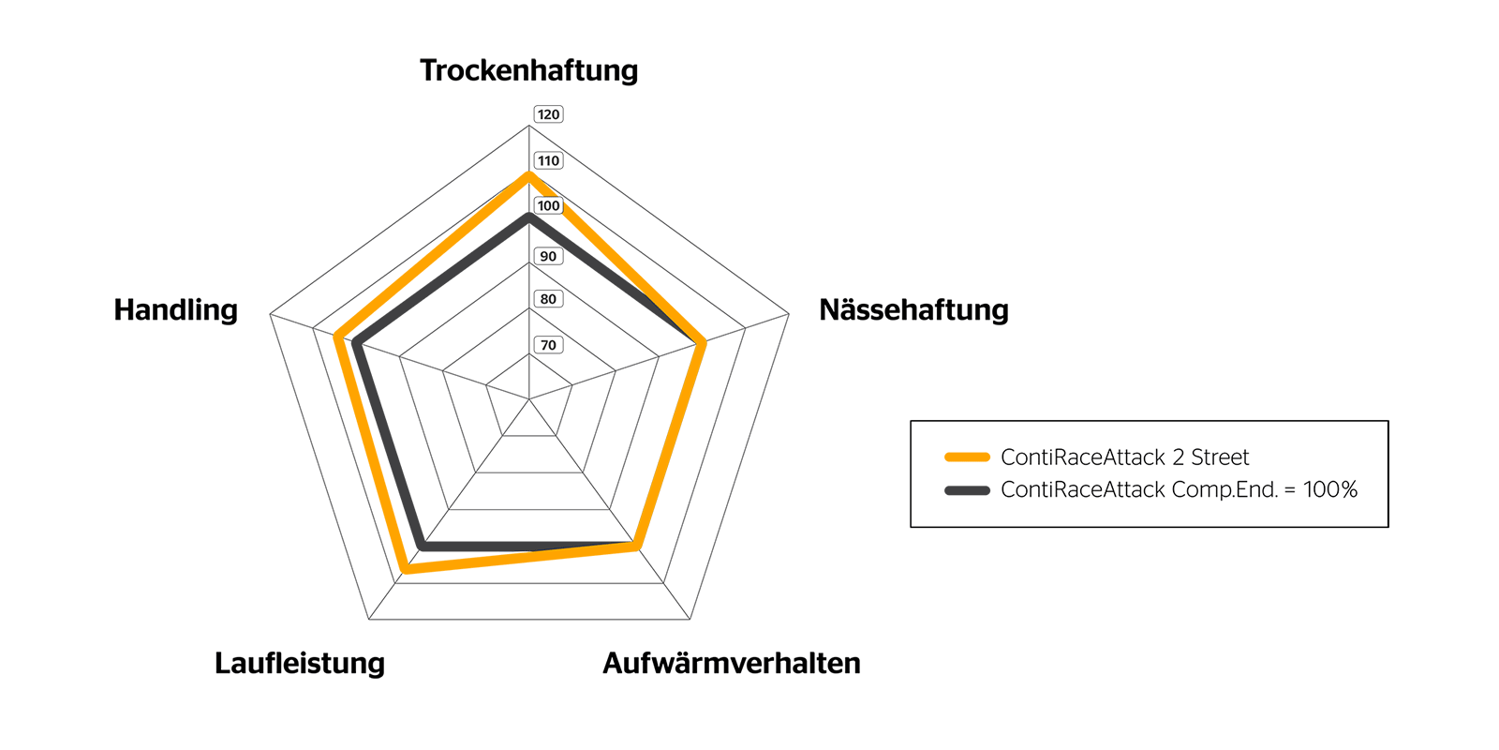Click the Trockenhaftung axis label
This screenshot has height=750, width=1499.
pyautogui.click(x=528, y=70)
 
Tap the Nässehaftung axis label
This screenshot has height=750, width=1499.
pyautogui.click(x=913, y=310)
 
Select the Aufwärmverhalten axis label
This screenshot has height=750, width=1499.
pyautogui.click(x=731, y=663)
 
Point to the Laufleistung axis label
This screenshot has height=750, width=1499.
pyautogui.click(x=300, y=663)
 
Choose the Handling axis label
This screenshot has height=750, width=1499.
pyautogui.click(x=175, y=310)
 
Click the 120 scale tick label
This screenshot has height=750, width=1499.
pyautogui.click(x=548, y=114)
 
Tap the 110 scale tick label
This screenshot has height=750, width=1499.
pyautogui.click(x=548, y=160)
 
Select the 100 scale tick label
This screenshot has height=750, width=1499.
pyautogui.click(x=548, y=205)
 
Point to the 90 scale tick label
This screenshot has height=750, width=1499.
pyautogui.click(x=548, y=256)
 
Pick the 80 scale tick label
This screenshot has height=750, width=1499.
pyautogui.click(x=548, y=299)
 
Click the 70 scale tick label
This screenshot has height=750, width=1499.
pyautogui.click(x=548, y=345)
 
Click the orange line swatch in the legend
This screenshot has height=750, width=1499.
pyautogui.click(x=967, y=457)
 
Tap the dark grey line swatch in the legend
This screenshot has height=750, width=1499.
pyautogui.click(x=967, y=489)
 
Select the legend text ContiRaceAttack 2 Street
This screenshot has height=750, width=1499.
pyautogui.click(x=1124, y=457)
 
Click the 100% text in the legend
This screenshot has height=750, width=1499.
pyautogui.click(x=1329, y=489)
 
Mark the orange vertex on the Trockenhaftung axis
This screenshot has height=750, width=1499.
pyautogui.click(x=528, y=175)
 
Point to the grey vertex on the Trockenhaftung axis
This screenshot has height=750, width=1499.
pyautogui.click(x=528, y=217)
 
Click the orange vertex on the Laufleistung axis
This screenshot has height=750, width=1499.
pyautogui.click(x=405, y=568)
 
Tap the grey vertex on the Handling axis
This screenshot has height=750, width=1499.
pyautogui.click(x=356, y=344)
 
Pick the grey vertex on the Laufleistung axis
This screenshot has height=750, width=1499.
pyautogui.click(x=423, y=545)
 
